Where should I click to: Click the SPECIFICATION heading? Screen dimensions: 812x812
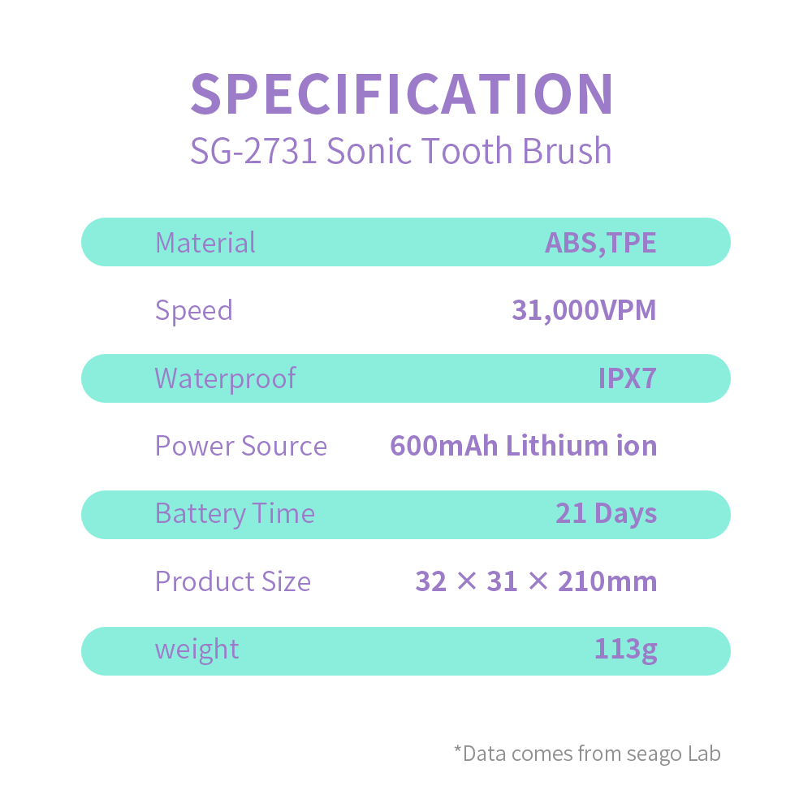tap(402, 94)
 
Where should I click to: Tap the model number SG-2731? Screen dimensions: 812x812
tap(253, 151)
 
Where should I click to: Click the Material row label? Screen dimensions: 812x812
tap(205, 242)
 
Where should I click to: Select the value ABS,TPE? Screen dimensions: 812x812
tap(601, 242)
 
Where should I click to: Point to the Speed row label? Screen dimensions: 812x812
tap(194, 311)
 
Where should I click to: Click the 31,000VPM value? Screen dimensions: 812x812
tap(584, 310)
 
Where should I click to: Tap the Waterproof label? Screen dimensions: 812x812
tap(225, 379)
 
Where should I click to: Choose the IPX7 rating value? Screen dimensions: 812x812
tap(627, 378)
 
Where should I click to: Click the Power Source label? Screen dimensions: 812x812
tap(241, 446)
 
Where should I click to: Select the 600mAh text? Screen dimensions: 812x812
tap(444, 446)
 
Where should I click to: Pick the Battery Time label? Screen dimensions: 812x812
tap(235, 514)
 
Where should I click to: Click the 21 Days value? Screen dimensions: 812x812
tap(606, 514)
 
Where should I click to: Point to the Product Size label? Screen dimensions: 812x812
tap(233, 581)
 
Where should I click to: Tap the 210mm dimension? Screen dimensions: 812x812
tap(607, 581)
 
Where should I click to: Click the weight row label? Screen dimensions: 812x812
tap(197, 650)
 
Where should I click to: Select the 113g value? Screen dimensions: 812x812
tap(625, 650)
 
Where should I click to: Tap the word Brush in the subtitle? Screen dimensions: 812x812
tap(567, 151)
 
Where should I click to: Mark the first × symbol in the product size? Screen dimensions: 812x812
tap(467, 581)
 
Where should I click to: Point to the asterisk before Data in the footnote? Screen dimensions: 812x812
tap(457, 749)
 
